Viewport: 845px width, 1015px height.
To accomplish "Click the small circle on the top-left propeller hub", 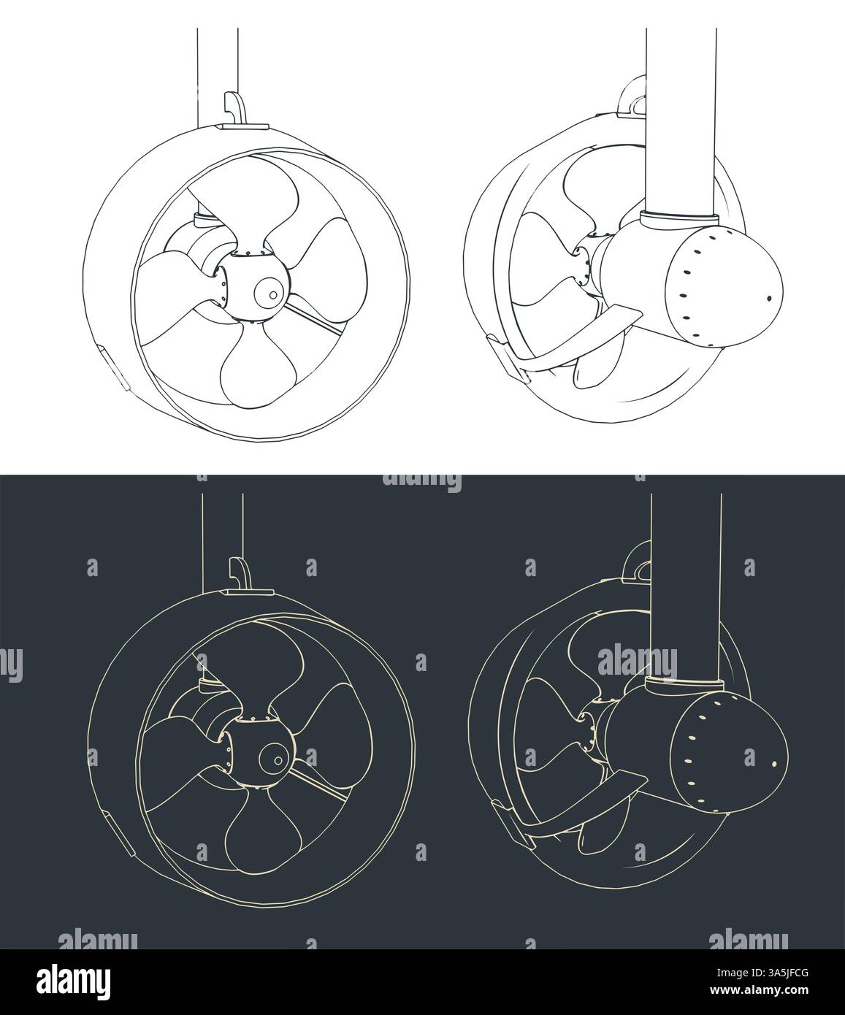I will (272, 294).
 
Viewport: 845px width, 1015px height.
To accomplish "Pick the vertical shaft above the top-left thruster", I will (217, 73).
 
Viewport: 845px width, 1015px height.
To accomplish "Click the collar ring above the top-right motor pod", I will (678, 218).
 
